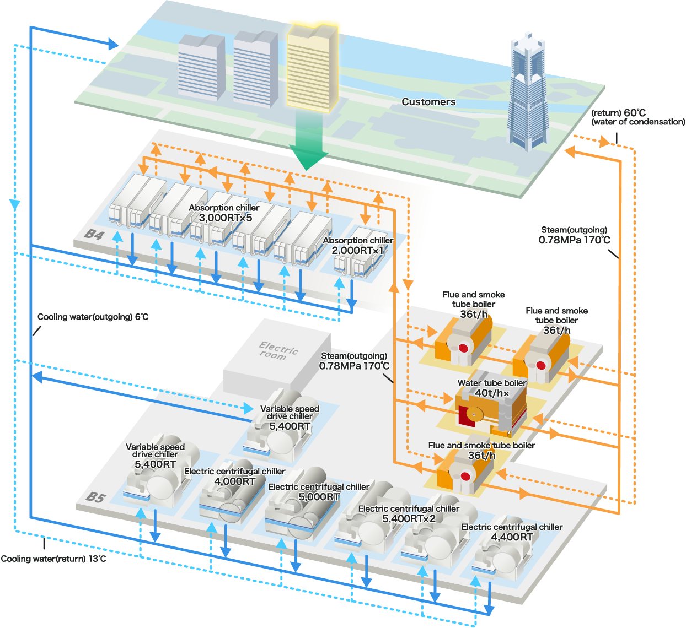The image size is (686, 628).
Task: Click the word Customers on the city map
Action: coord(428,102)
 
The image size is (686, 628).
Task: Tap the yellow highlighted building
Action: coord(311,66)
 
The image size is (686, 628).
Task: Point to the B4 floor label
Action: coord(94,235)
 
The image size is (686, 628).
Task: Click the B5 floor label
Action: coord(95,497)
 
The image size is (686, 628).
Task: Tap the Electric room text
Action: coord(278,351)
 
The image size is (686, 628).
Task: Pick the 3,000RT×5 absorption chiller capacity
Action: coord(225,218)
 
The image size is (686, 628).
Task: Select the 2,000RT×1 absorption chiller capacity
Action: coord(357,251)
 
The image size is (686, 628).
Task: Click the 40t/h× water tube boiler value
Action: coord(492,393)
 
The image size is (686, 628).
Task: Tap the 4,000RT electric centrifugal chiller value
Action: coord(234,481)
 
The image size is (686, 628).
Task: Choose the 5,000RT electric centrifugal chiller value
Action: coord(319,497)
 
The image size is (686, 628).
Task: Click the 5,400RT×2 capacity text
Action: coord(409,519)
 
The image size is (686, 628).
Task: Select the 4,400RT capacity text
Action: coord(512,537)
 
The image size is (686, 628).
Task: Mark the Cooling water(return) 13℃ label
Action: coord(53,559)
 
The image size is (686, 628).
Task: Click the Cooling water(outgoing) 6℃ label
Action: coord(93,317)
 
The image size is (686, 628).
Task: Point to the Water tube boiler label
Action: coord(491,383)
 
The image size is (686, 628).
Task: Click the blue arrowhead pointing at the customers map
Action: coord(113,44)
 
